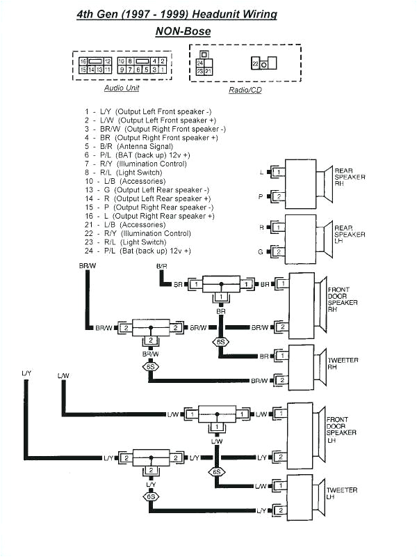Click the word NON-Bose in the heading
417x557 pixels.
pos(183,31)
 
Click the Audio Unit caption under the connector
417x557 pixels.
pos(122,88)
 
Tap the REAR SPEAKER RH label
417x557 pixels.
pos(350,177)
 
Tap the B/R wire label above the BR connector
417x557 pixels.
pos(161,267)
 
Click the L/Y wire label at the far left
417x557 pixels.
pos(26,374)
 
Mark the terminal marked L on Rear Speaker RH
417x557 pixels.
pos(261,171)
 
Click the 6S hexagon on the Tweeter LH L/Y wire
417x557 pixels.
pos(149,496)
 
